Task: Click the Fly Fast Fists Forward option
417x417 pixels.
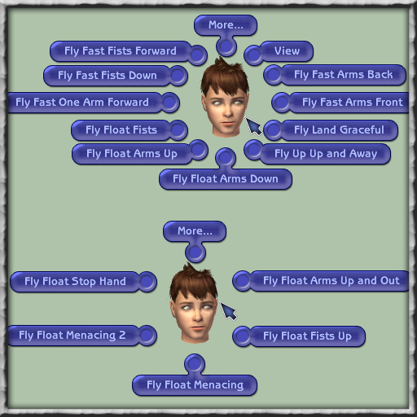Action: [121, 51]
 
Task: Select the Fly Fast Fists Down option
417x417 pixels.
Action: [108, 75]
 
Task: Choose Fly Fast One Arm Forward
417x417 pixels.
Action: [82, 103]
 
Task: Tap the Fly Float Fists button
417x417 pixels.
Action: [121, 129]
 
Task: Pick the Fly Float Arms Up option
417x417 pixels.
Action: [132, 154]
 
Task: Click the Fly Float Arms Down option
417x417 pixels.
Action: [226, 179]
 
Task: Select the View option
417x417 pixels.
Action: [287, 51]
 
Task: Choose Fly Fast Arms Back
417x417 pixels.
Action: [343, 75]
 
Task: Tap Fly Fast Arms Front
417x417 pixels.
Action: [352, 103]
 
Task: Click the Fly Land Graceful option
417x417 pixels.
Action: [339, 129]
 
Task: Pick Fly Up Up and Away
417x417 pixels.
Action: [326, 154]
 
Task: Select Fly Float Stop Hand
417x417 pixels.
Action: [75, 281]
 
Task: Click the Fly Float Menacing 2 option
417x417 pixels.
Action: [72, 336]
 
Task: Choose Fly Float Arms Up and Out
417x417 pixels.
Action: [331, 281]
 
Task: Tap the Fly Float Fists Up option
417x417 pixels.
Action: [307, 336]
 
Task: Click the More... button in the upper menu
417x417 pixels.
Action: [226, 25]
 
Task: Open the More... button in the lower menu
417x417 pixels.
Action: [195, 231]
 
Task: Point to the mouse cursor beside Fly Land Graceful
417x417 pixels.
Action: [253, 126]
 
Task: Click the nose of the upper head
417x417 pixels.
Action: [227, 112]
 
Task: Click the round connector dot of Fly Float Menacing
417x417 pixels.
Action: [195, 364]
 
